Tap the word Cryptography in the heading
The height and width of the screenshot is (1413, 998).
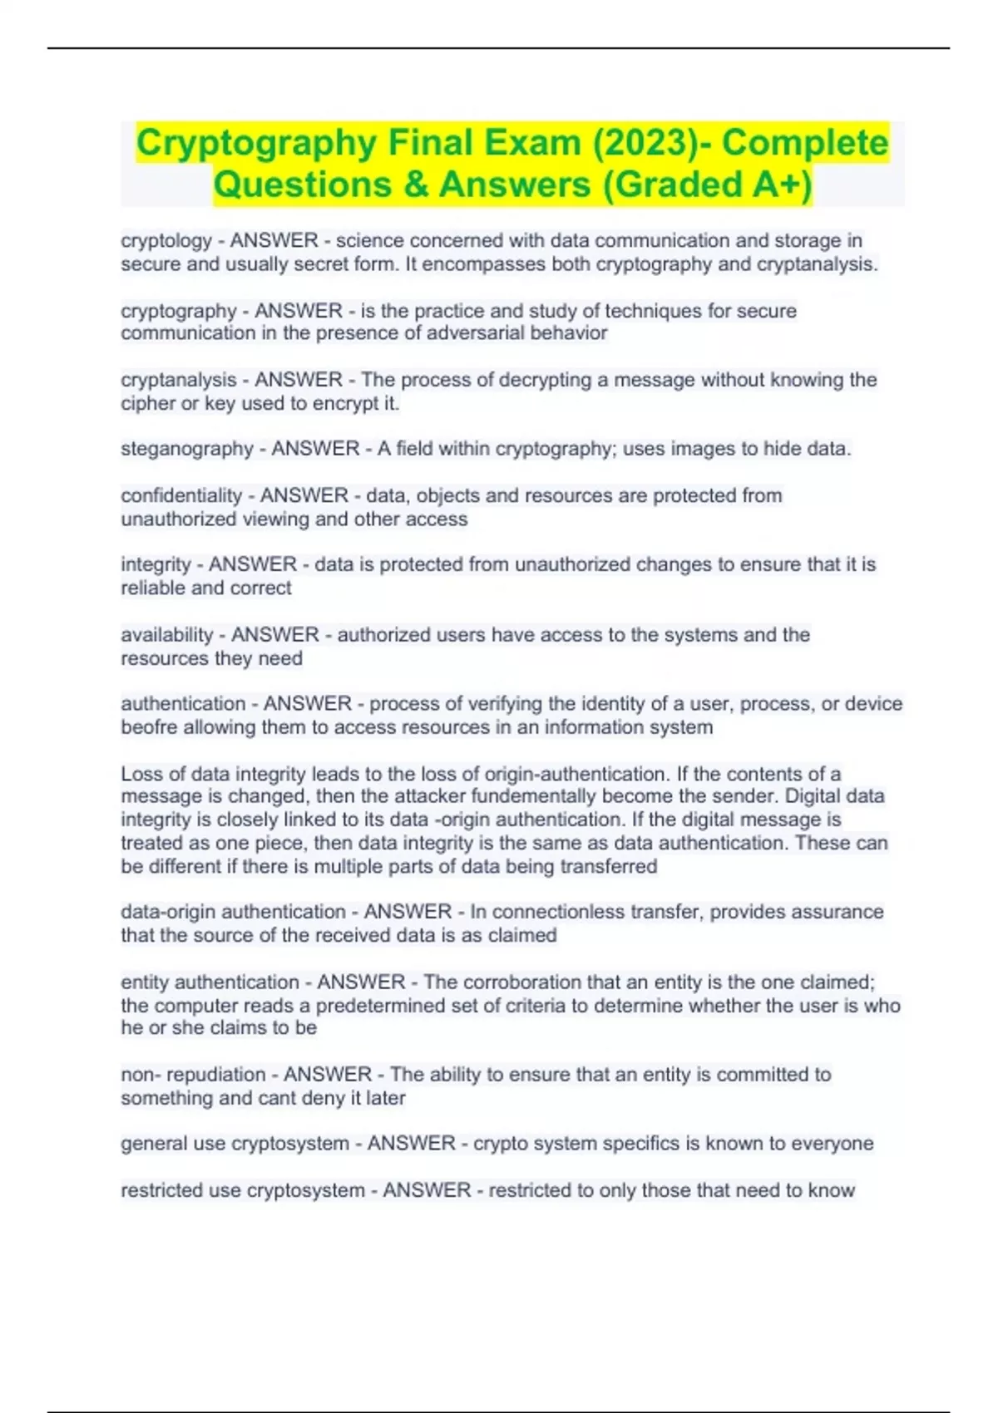256,143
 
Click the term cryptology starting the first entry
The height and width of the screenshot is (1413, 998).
166,241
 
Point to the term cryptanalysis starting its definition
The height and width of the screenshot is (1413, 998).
179,380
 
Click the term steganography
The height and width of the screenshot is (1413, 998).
187,449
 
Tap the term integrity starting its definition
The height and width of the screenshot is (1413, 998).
156,564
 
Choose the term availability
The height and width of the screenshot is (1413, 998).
167,635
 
